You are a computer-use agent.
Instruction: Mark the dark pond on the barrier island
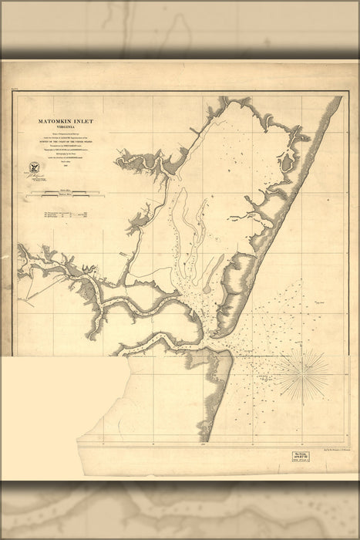(x=286, y=160)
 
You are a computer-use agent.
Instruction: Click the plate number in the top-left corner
(x=15, y=91)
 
